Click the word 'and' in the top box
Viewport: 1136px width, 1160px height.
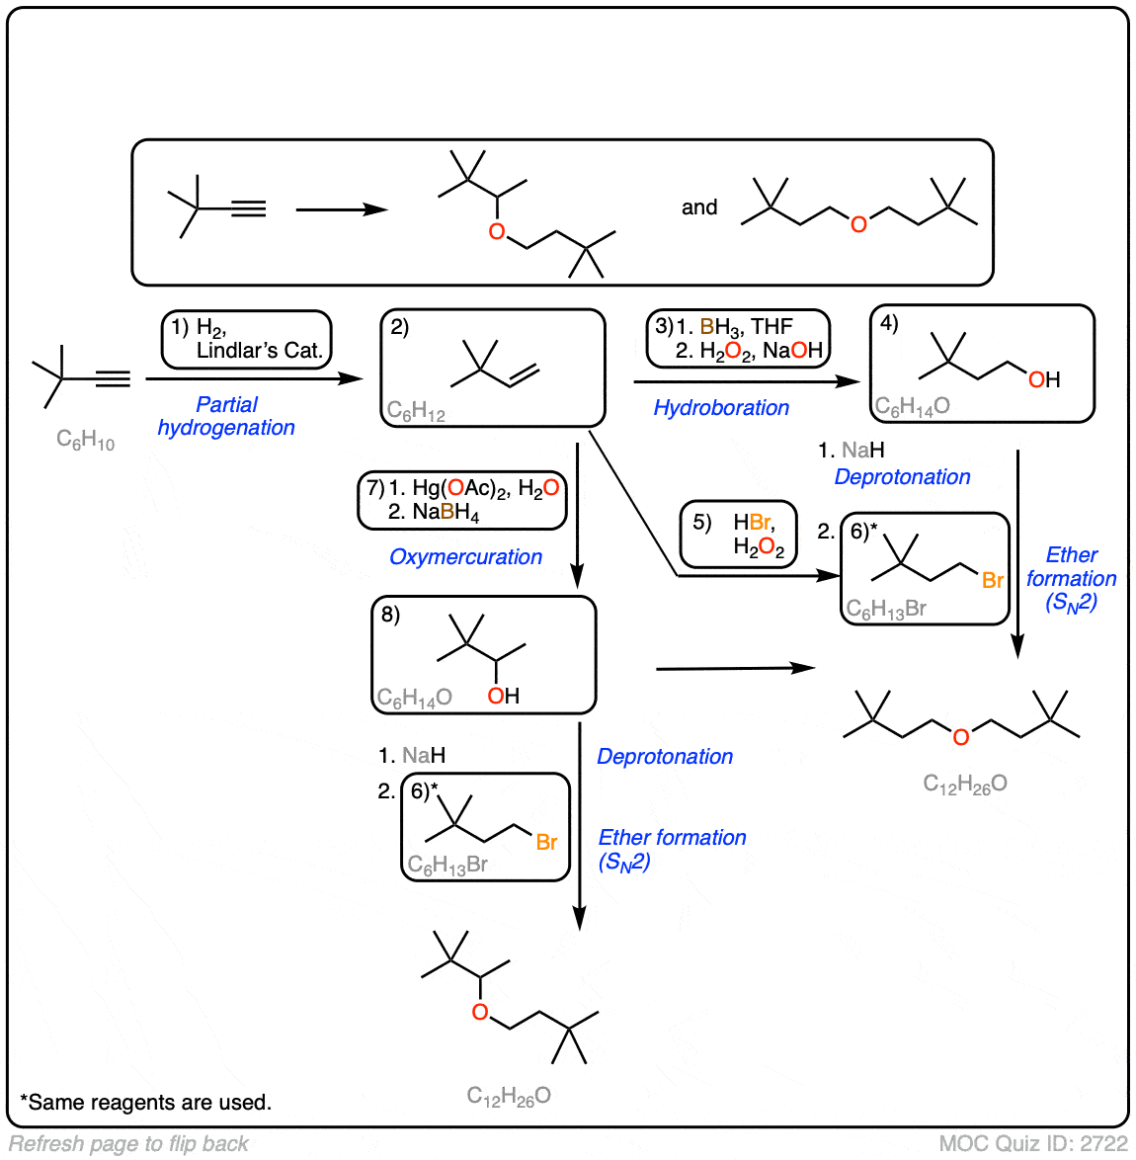[699, 207]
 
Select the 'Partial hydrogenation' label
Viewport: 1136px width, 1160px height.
[226, 416]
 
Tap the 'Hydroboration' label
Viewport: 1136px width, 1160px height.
[721, 407]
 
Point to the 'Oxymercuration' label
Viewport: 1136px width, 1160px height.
[465, 557]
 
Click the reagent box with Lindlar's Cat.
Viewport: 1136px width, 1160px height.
[247, 339]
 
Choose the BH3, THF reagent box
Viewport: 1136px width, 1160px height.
[738, 338]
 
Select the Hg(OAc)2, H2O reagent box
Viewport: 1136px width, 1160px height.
[462, 500]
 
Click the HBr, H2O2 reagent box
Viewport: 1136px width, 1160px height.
[738, 534]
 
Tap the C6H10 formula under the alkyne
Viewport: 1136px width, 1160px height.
[85, 440]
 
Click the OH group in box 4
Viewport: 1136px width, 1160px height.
[1044, 379]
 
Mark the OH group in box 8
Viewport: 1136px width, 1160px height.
[504, 696]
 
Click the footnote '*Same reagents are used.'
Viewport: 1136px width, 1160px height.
[145, 1103]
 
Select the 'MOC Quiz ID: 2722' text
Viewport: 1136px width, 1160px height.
[1032, 1144]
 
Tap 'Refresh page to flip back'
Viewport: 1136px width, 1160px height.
[128, 1144]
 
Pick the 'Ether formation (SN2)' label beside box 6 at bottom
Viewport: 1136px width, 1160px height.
[672, 849]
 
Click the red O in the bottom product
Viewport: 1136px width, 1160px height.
[480, 1012]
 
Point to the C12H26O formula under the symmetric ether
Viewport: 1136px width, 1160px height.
[965, 784]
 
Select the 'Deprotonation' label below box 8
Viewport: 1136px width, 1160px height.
[665, 757]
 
